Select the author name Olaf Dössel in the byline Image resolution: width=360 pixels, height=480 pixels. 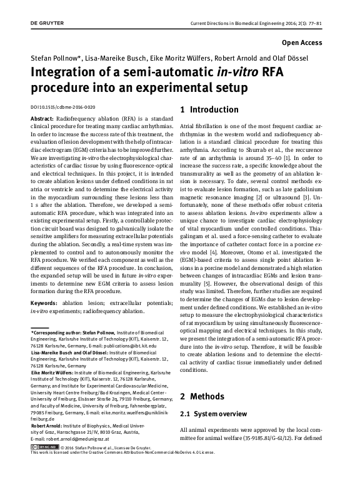(306, 57)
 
